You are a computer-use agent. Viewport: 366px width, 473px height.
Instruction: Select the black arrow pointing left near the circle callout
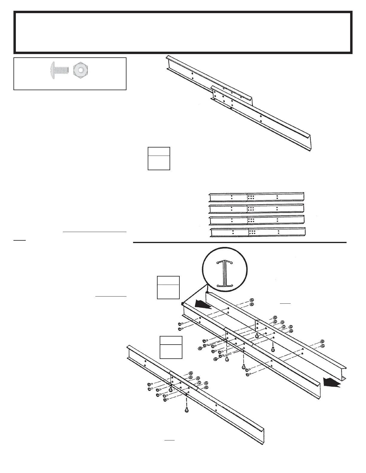point(203,305)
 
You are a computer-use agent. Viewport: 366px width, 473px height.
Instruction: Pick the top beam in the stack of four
point(257,197)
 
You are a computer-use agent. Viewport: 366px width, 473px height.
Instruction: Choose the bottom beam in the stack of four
point(258,232)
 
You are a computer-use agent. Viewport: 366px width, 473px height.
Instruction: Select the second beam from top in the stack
point(257,208)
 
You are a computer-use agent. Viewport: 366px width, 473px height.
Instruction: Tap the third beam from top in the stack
point(257,220)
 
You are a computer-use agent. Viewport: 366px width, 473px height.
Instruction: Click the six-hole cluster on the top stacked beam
point(251,197)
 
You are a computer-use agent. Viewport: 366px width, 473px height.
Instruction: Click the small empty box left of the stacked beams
point(159,159)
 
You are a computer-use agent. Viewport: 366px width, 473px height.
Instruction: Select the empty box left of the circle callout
point(168,287)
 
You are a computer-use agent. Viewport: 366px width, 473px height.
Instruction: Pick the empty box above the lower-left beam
point(171,347)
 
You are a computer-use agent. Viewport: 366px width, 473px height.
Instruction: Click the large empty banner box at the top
point(183,32)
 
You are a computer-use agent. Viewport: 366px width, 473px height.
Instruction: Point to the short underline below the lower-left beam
point(169,440)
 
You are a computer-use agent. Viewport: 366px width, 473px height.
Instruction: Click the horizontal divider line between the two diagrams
point(239,242)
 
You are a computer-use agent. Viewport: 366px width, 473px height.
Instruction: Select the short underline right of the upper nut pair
point(285,303)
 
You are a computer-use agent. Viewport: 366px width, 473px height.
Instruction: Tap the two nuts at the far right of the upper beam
point(322,343)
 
